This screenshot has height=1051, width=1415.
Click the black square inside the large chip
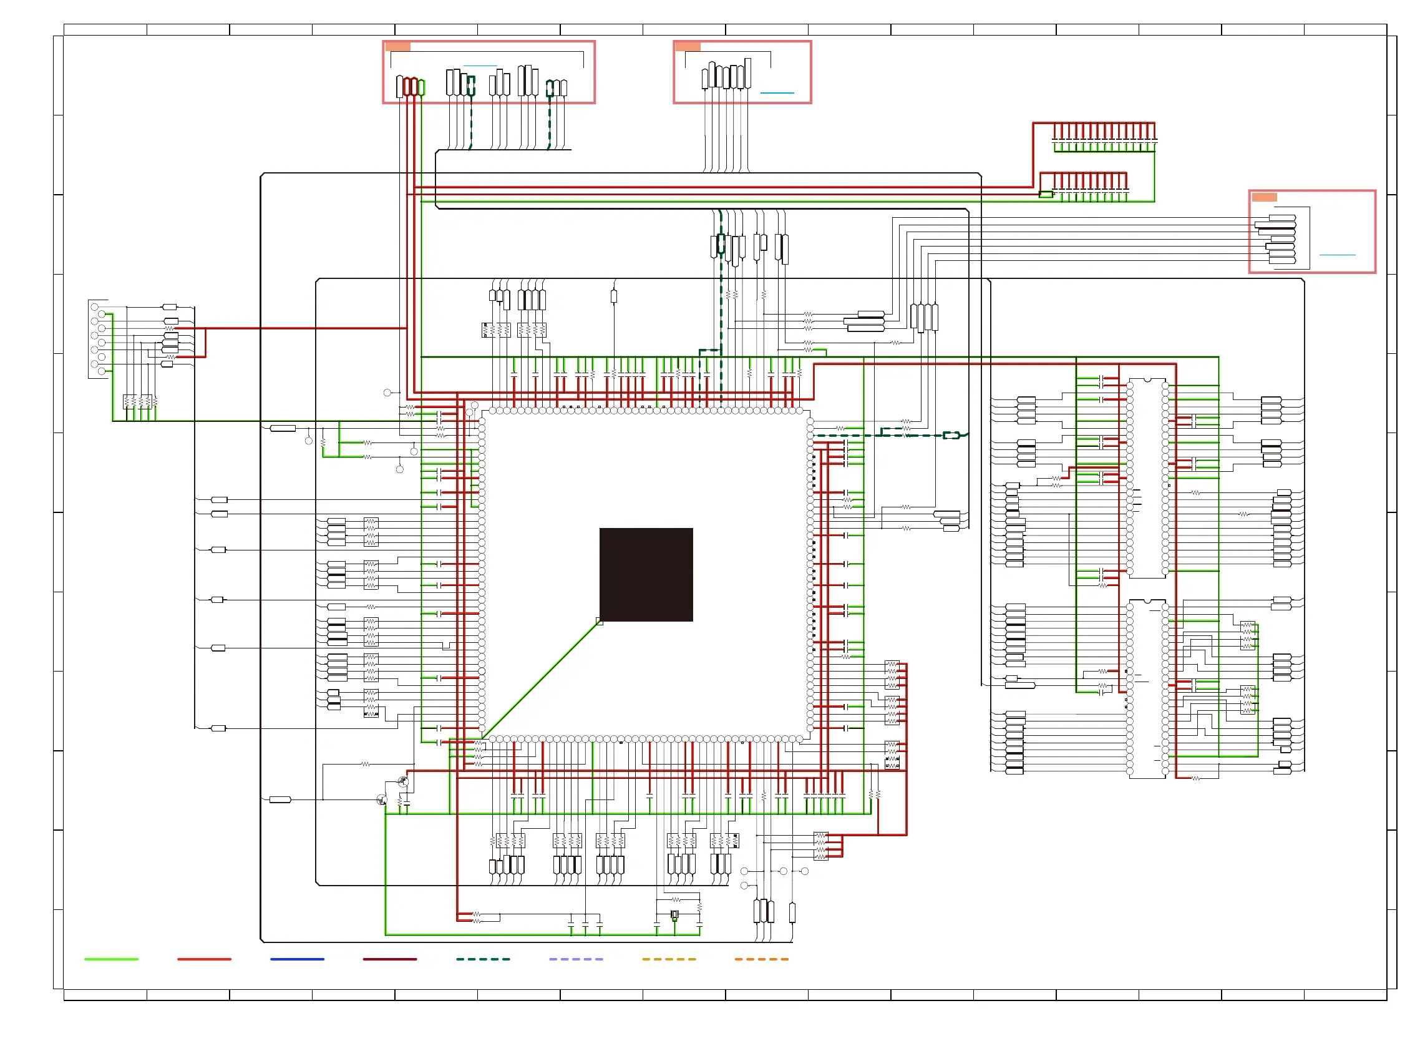(646, 574)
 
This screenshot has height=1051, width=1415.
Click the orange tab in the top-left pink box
(397, 46)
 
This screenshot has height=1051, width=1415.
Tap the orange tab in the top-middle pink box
(688, 46)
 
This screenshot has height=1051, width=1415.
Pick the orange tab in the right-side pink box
(1263, 197)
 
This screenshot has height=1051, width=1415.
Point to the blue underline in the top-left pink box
(480, 66)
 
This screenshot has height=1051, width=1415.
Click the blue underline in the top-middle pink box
(777, 93)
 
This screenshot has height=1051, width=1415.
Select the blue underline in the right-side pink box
(1337, 255)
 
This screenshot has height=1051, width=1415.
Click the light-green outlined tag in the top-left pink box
(422, 87)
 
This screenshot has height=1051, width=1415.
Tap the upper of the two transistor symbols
(402, 781)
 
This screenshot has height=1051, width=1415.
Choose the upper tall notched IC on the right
(1147, 478)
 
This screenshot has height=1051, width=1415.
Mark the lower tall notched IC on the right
(1147, 688)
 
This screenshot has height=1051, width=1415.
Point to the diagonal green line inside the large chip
(540, 679)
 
